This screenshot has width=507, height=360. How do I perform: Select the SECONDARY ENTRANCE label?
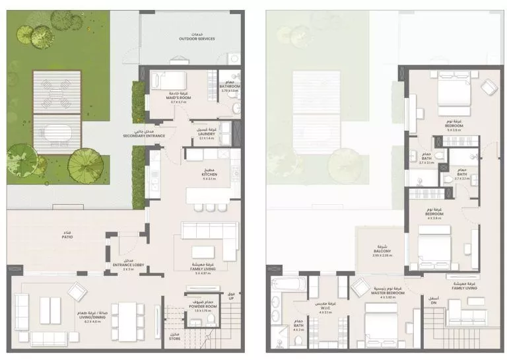(x=143, y=135)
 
